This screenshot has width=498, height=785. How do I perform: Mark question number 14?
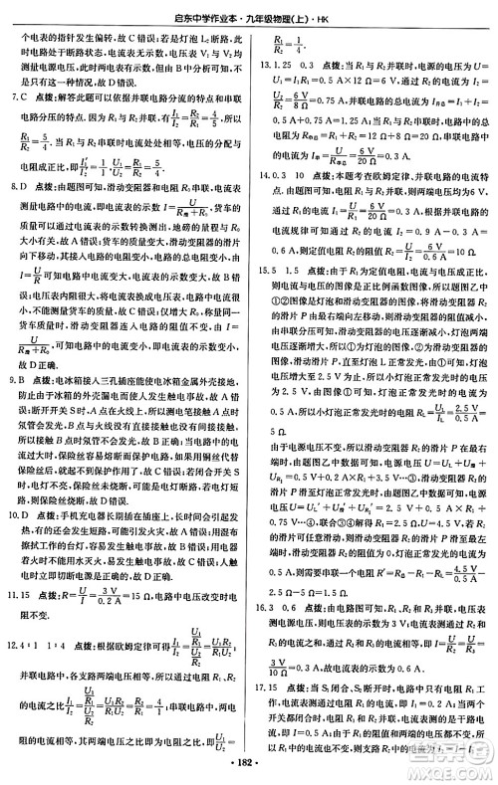(x=262, y=171)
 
